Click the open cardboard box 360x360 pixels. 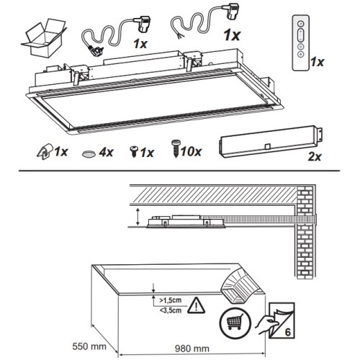pyautogui.click(x=44, y=37)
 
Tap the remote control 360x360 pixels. pyautogui.click(x=300, y=43)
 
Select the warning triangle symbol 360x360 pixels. pyautogui.click(x=197, y=305)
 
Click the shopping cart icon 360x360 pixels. pyautogui.click(x=235, y=323)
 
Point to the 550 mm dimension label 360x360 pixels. pyautogui.click(x=89, y=346)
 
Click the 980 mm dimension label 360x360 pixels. pyautogui.click(x=192, y=348)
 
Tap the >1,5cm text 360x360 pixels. pyautogui.click(x=171, y=300)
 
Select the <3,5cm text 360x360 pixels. pyautogui.click(x=171, y=310)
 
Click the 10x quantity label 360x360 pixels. pyautogui.click(x=191, y=151)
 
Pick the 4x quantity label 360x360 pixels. pyautogui.click(x=106, y=152)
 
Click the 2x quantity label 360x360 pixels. pyautogui.click(x=315, y=157)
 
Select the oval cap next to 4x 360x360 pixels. pyautogui.click(x=89, y=153)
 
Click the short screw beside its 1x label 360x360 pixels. pyautogui.click(x=134, y=150)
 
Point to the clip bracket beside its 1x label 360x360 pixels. pyautogui.click(x=45, y=152)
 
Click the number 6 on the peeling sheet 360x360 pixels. pyautogui.click(x=287, y=332)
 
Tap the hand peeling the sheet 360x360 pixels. pyautogui.click(x=266, y=324)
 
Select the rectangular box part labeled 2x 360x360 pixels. pyautogui.click(x=271, y=142)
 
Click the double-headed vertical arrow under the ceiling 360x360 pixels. pyautogui.click(x=138, y=217)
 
